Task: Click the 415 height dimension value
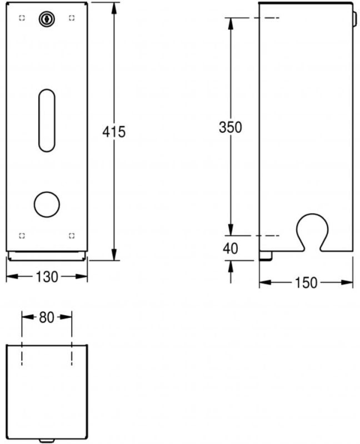[x=114, y=132]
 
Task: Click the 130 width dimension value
[x=47, y=276]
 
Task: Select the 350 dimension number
[x=230, y=127]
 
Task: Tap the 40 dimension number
[x=230, y=249]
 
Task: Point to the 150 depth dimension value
[x=306, y=283]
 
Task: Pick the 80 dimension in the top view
[x=47, y=317]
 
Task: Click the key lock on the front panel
[x=46, y=19]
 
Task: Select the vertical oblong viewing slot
[x=46, y=119]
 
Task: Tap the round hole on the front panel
[x=46, y=204]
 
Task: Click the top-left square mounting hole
[x=22, y=18]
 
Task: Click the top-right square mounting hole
[x=71, y=18]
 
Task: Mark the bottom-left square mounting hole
[x=22, y=236]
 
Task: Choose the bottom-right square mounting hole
[x=71, y=236]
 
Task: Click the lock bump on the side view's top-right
[x=354, y=19]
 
